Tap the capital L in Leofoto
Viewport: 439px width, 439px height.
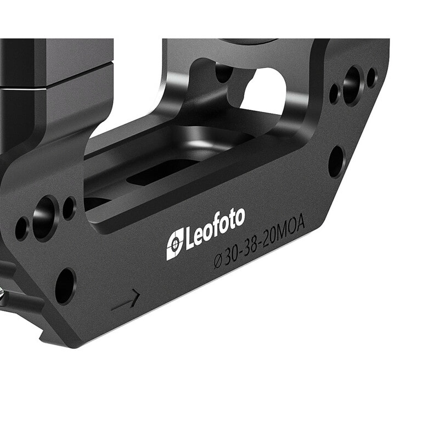[189, 238]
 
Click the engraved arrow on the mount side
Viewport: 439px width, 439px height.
[126, 300]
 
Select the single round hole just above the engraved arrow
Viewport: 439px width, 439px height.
[65, 286]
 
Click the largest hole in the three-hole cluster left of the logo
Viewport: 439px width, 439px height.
[45, 218]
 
